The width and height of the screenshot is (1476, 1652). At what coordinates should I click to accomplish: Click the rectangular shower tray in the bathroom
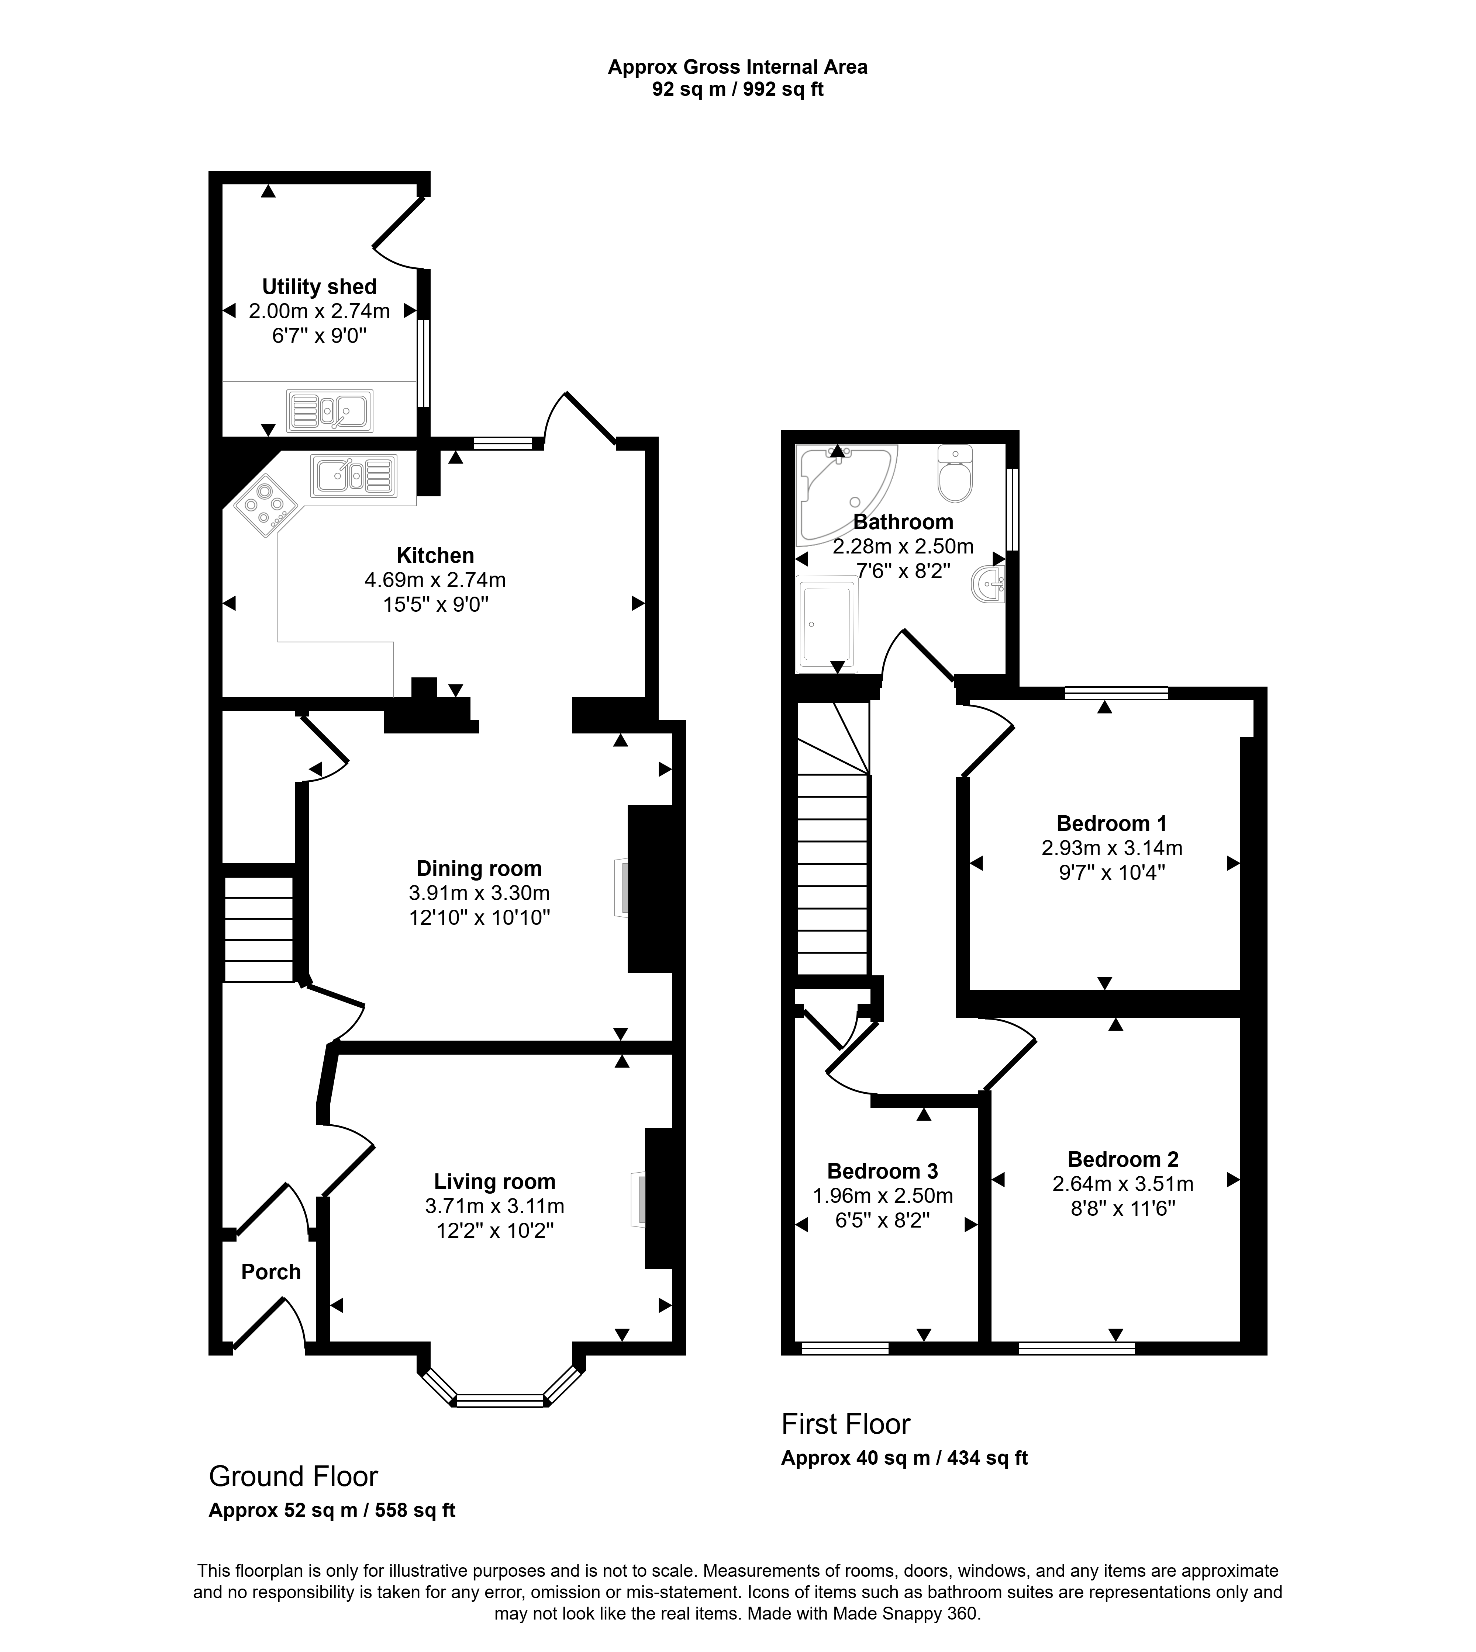[x=827, y=624]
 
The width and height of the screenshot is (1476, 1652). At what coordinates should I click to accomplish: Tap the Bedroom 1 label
[x=1111, y=823]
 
